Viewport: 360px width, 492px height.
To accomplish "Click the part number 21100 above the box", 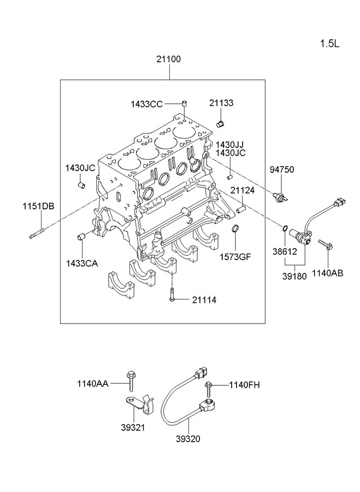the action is coord(169,59).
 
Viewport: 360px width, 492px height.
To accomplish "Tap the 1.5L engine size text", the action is coord(329,44).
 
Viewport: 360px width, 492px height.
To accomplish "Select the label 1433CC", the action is coord(147,104).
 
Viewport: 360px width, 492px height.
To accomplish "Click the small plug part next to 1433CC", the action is coord(185,103).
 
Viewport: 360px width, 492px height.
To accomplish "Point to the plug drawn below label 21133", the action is coord(220,124).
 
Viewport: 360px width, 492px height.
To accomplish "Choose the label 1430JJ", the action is coord(229,145).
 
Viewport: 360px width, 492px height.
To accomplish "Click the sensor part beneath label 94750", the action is coord(280,197).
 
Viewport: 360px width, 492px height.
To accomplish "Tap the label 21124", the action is coord(243,190).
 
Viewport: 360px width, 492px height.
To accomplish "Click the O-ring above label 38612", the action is coord(285,229).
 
